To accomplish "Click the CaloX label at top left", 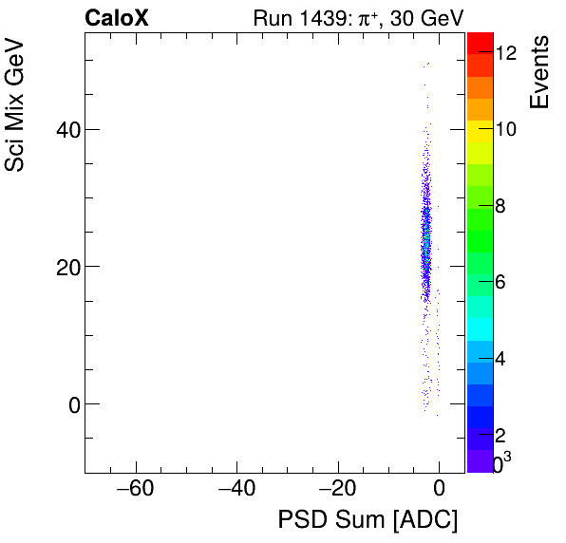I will pos(116,18).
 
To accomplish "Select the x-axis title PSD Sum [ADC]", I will pos(368,520).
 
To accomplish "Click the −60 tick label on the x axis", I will pos(134,490).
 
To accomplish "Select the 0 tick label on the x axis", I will pos(439,490).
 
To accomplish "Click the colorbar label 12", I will pos(506,53).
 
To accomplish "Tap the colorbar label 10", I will pos(506,129).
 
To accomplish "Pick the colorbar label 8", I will pos(500,205).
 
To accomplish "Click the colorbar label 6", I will pos(500,282).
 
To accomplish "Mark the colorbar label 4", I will pos(500,359).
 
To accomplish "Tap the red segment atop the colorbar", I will pos(479,40).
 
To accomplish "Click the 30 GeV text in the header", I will pos(426,18).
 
